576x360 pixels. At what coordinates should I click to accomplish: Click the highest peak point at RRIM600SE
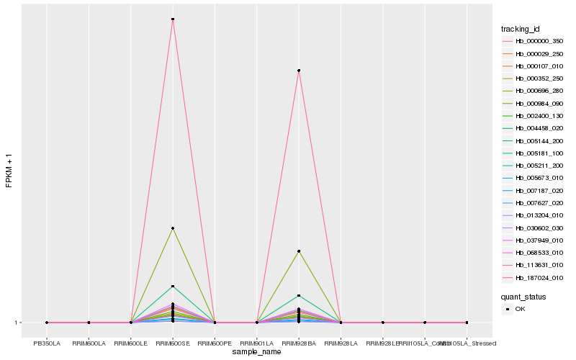click(x=173, y=19)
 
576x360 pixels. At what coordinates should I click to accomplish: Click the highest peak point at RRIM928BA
click(x=299, y=71)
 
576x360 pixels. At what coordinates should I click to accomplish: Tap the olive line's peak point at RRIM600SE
click(x=173, y=228)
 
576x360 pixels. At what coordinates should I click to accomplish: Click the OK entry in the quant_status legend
click(x=526, y=309)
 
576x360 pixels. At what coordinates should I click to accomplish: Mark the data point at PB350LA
click(x=47, y=323)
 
